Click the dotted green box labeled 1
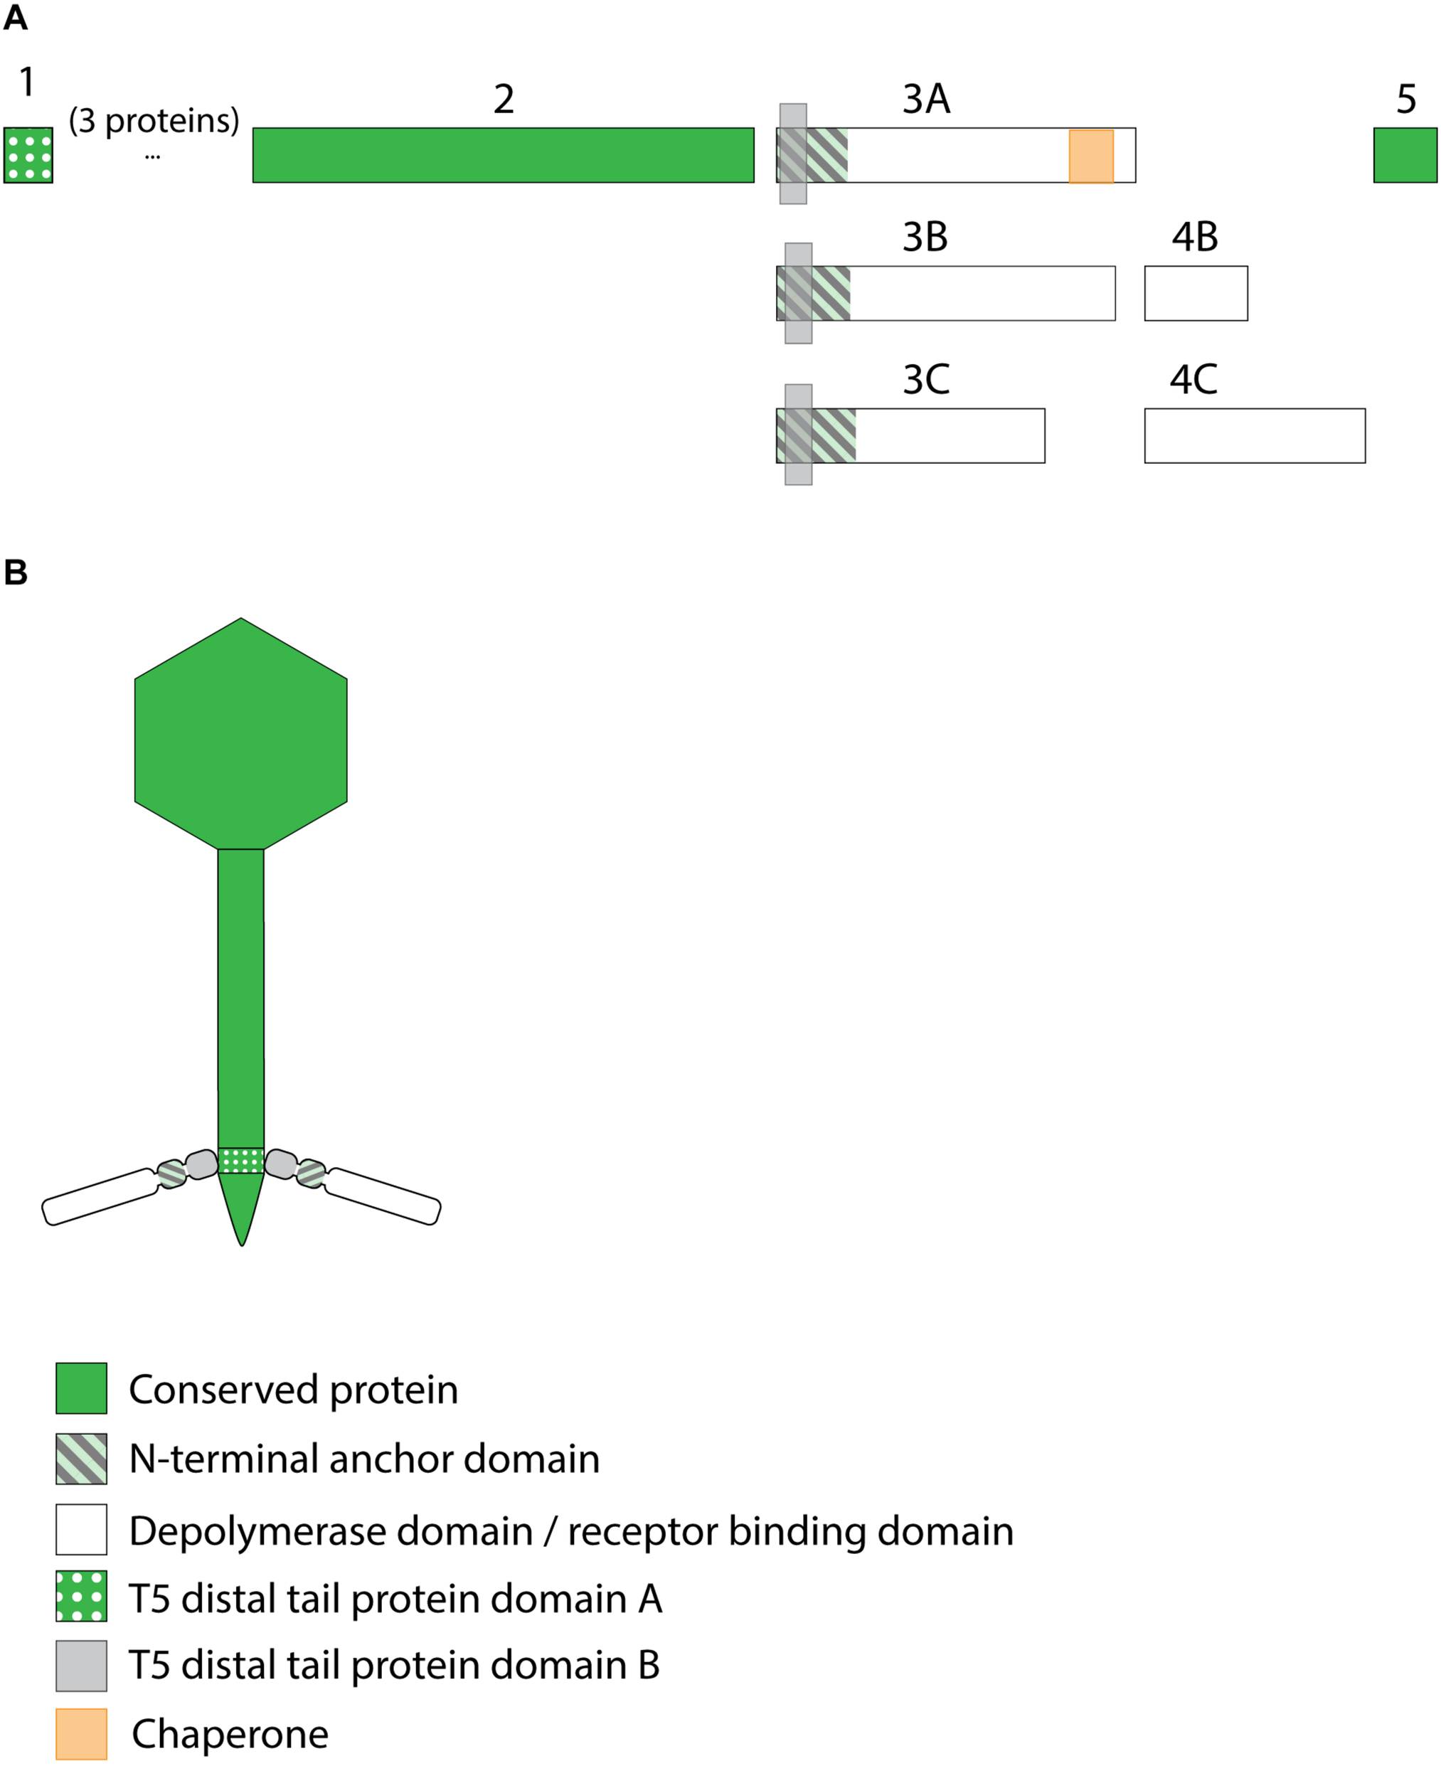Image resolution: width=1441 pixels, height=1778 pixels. pyautogui.click(x=28, y=155)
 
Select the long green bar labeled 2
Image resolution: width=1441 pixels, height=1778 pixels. pyautogui.click(x=503, y=155)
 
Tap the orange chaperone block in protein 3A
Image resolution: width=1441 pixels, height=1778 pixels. pyautogui.click(x=1091, y=156)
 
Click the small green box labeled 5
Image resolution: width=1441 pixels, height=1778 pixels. pyautogui.click(x=1405, y=155)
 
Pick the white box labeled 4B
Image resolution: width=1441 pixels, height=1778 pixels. pyautogui.click(x=1196, y=293)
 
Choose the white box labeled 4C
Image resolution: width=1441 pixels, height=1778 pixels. pyautogui.click(x=1254, y=436)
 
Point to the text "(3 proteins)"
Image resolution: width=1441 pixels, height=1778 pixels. pyautogui.click(x=154, y=121)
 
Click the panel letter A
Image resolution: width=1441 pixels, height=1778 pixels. pyautogui.click(x=15, y=18)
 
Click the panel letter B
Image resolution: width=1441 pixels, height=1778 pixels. pyautogui.click(x=15, y=573)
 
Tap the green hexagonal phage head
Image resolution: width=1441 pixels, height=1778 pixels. pyautogui.click(x=240, y=739)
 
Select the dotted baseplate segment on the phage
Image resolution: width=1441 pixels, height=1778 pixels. pyautogui.click(x=240, y=1161)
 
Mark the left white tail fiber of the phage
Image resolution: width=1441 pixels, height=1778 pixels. pyautogui.click(x=100, y=1197)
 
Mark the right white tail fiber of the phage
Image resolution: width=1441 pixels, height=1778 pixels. pyautogui.click(x=383, y=1196)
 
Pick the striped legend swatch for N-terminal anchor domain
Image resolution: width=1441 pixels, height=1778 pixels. pyautogui.click(x=81, y=1459)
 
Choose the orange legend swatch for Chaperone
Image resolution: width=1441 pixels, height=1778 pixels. pyautogui.click(x=81, y=1734)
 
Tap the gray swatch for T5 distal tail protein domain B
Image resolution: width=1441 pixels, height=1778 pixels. pyautogui.click(x=81, y=1665)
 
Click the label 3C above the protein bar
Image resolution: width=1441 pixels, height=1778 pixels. pyautogui.click(x=925, y=380)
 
